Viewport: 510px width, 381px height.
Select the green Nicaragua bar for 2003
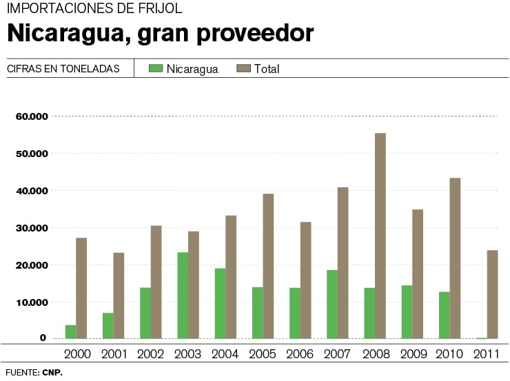pyautogui.click(x=183, y=295)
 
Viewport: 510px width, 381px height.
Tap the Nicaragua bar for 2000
pyautogui.click(x=70, y=331)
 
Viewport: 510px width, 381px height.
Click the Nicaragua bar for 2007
pyautogui.click(x=332, y=304)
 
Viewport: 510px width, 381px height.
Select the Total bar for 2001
pyautogui.click(x=119, y=295)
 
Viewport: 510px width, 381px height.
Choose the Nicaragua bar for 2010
pyautogui.click(x=444, y=315)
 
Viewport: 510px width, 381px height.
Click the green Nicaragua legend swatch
pyautogui.click(x=155, y=68)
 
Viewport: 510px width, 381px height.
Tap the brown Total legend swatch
pyautogui.click(x=243, y=68)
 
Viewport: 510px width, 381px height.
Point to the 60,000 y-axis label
pyautogui.click(x=31, y=116)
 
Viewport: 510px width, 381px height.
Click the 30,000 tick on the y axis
pyautogui.click(x=31, y=228)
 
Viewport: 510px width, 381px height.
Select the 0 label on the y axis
pyautogui.click(x=43, y=338)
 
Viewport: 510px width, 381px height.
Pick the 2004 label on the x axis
pyautogui.click(x=225, y=354)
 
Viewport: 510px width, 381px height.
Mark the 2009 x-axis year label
pyautogui.click(x=413, y=354)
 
